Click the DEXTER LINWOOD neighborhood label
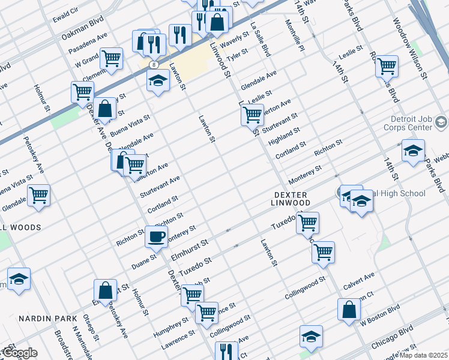click(x=292, y=199)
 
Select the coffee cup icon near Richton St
click(x=156, y=236)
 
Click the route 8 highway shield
click(x=155, y=64)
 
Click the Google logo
click(x=19, y=353)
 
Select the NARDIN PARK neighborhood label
click(x=47, y=317)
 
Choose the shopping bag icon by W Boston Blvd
click(x=349, y=310)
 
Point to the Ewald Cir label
click(x=65, y=11)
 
